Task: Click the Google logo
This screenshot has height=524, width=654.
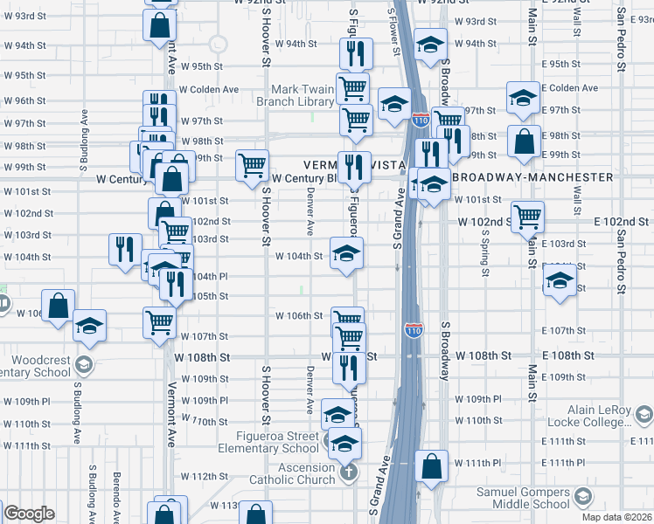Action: coord(29,514)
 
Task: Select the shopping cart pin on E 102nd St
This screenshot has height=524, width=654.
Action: coord(528,216)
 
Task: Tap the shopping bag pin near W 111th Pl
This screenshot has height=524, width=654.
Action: coord(431,466)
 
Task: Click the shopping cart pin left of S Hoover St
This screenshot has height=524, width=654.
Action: coord(252,164)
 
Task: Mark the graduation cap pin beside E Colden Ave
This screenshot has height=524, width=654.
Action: coord(523,99)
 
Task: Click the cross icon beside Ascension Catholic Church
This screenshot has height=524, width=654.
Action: coord(348,473)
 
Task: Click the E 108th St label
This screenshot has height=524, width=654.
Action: coord(568,356)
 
